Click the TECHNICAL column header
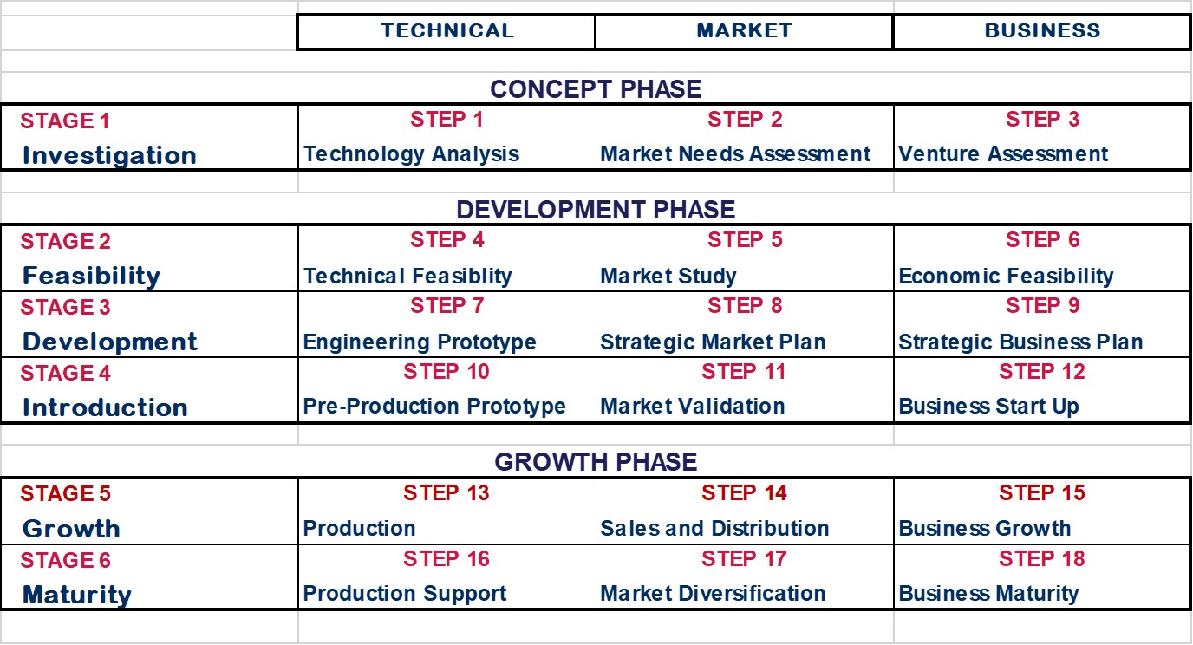(x=447, y=30)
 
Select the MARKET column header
(x=744, y=30)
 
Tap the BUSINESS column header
(x=1042, y=30)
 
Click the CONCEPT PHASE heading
(x=596, y=89)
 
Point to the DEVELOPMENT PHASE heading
(x=596, y=209)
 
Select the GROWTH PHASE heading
(x=596, y=462)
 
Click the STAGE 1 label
(x=65, y=121)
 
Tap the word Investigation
(x=110, y=155)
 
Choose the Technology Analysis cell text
(x=411, y=154)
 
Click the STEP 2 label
(x=745, y=120)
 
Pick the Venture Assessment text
(x=1003, y=154)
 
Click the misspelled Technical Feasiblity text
(x=407, y=276)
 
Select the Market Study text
(x=668, y=276)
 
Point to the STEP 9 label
(x=1042, y=306)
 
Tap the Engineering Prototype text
(x=419, y=342)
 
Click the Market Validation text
(x=693, y=407)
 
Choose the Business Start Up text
(x=988, y=407)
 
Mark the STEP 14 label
(x=744, y=492)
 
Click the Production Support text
(x=404, y=593)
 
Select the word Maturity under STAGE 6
(x=76, y=595)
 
